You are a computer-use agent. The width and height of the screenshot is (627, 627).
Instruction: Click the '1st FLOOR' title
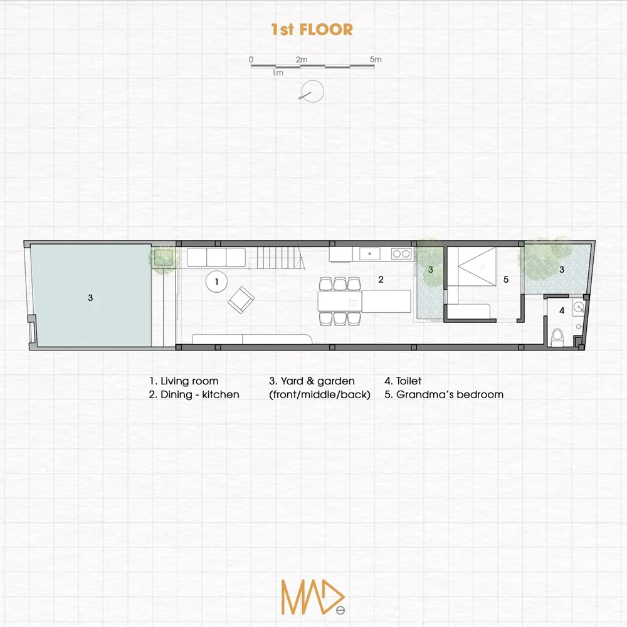click(312, 29)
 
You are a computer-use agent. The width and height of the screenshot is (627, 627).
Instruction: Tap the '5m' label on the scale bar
click(376, 59)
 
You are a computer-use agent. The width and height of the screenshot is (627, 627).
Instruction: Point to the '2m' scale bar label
click(302, 60)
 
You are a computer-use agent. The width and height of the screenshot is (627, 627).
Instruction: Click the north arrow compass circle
click(312, 91)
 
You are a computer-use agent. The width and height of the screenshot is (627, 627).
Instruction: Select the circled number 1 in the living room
click(216, 282)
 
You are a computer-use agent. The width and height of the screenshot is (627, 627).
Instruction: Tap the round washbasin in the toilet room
click(579, 307)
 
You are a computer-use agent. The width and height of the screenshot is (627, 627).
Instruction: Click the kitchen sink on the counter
click(369, 253)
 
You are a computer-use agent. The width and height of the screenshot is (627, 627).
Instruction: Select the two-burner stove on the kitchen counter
click(401, 253)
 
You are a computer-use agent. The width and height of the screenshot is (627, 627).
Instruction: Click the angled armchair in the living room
click(241, 300)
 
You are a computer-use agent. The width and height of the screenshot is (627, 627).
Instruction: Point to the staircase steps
click(277, 258)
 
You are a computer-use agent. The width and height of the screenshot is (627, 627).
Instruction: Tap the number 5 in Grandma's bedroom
click(506, 280)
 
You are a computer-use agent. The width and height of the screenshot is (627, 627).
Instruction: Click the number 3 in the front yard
click(90, 297)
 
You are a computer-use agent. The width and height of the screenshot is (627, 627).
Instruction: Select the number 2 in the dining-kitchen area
click(381, 280)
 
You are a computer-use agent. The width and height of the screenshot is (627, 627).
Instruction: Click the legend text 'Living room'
click(189, 381)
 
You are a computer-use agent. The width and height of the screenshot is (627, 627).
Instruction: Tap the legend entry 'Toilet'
click(409, 381)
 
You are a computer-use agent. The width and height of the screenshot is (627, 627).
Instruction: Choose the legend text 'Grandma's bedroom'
click(450, 394)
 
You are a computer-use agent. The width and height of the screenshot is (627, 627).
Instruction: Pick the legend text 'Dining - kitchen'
click(199, 394)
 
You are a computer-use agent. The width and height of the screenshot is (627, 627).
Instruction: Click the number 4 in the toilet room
click(562, 310)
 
